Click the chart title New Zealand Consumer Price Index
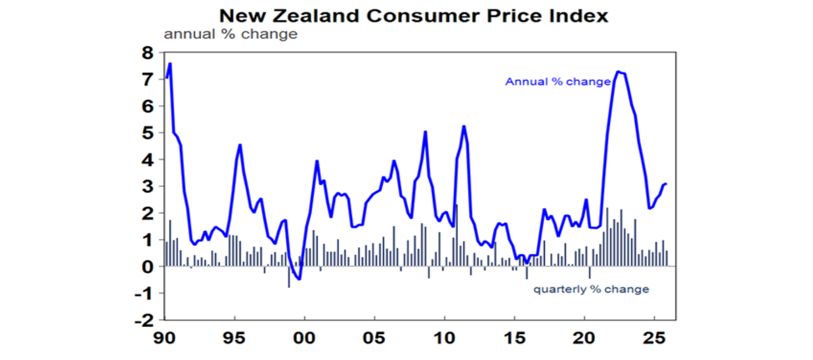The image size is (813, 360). click(x=413, y=15)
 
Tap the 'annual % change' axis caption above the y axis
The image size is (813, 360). click(x=231, y=35)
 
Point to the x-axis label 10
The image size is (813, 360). click(x=445, y=338)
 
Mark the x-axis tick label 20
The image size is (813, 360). click(x=584, y=338)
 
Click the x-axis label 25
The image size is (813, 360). click(x=654, y=338)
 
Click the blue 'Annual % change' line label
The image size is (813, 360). click(x=558, y=82)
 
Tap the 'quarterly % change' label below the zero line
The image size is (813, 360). click(x=591, y=290)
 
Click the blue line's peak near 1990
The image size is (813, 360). click(x=170, y=64)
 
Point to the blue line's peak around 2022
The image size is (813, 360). click(x=618, y=71)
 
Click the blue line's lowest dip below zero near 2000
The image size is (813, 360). click(x=300, y=279)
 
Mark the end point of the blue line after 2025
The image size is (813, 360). click(x=666, y=184)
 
